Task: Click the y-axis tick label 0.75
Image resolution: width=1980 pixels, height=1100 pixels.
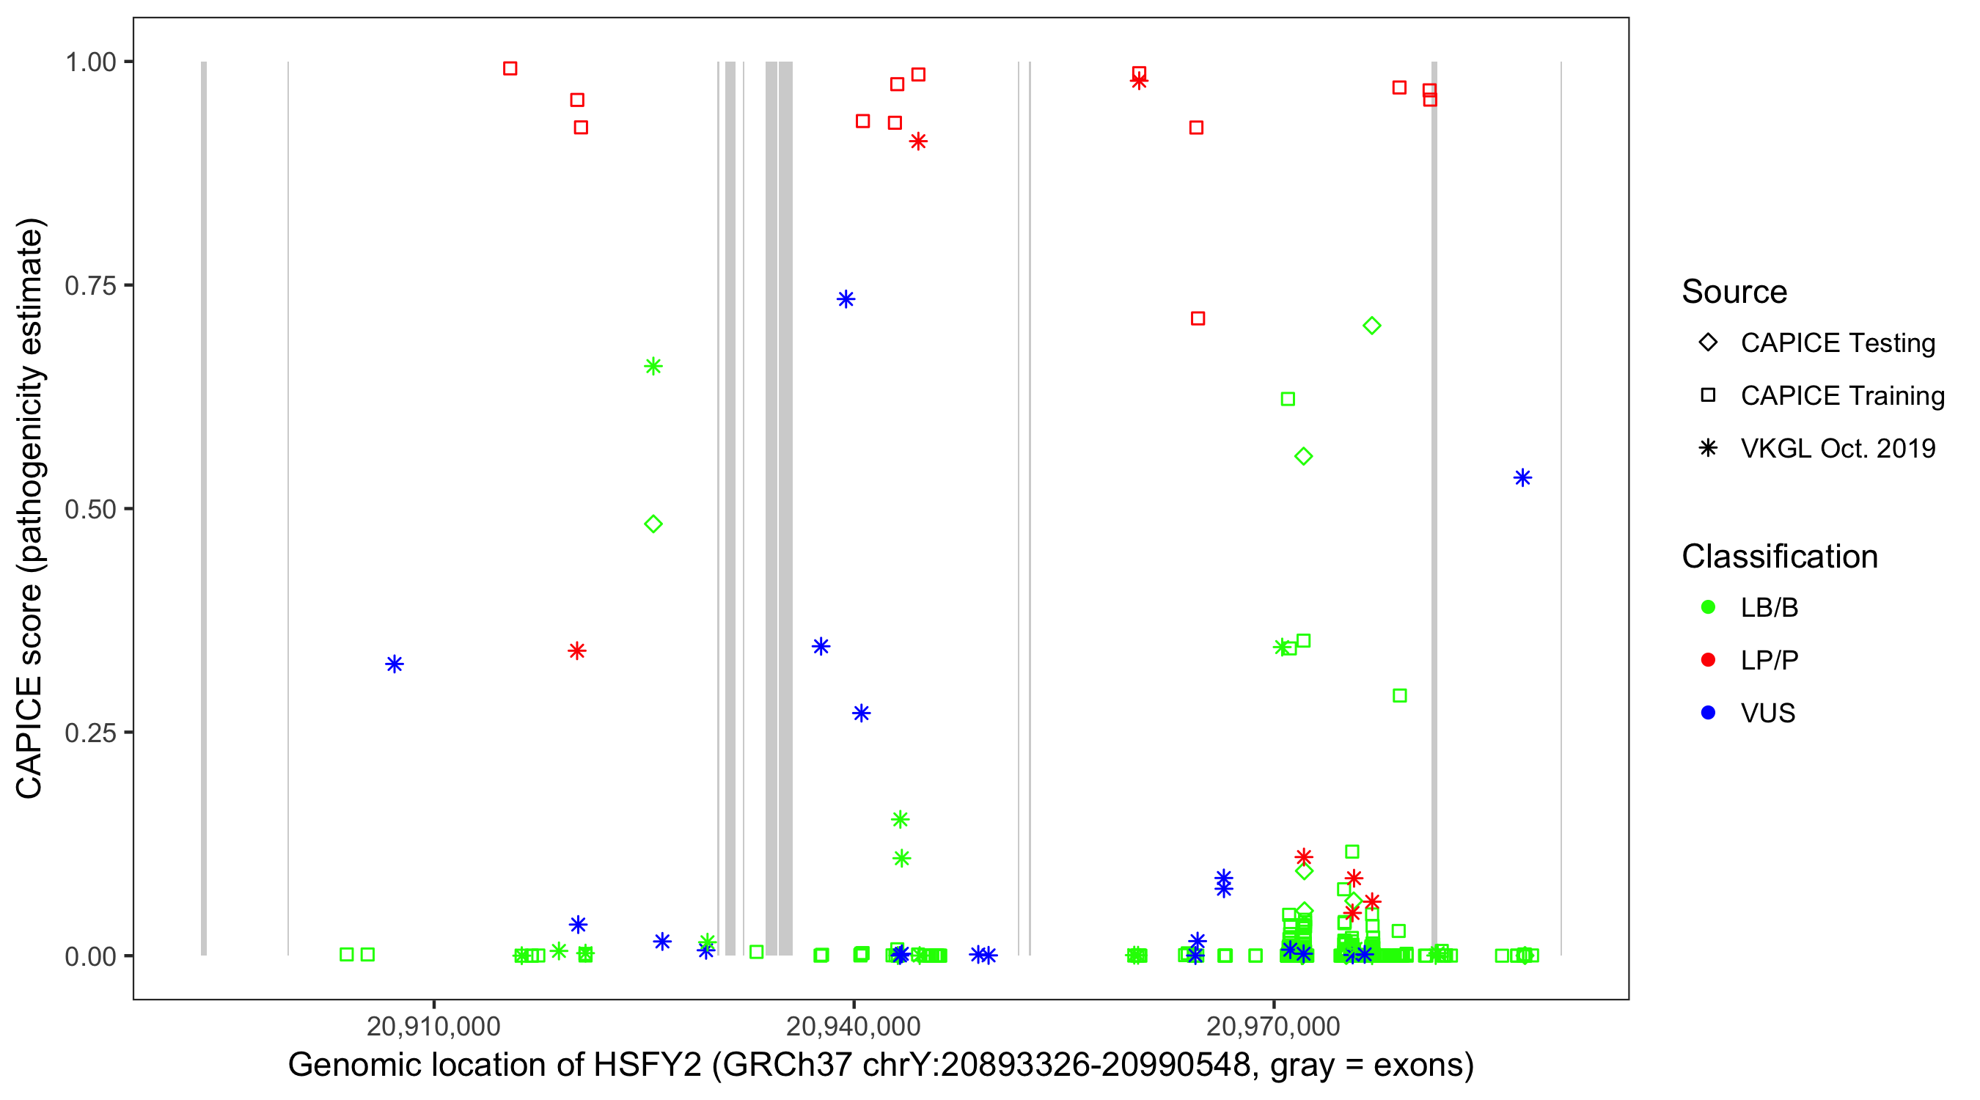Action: coord(89,286)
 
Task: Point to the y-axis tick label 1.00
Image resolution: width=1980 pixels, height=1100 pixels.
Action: coord(89,62)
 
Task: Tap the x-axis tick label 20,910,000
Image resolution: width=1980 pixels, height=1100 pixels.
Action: coord(433,1025)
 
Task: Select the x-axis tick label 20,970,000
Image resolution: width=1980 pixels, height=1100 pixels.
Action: coord(1274,1025)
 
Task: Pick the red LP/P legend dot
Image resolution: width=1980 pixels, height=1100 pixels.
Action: coord(1708,660)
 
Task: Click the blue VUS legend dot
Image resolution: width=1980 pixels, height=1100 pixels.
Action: coord(1708,713)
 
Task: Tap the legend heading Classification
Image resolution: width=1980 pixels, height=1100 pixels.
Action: coord(1779,557)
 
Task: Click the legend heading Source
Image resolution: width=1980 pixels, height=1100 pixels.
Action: coord(1734,292)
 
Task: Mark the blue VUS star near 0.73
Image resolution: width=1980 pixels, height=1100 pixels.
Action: coord(846,299)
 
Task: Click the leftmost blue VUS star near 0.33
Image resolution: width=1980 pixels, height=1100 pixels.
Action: coord(395,664)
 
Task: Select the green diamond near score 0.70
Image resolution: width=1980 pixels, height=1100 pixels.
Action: coord(1372,326)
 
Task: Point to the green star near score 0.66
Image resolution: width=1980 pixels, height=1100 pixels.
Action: coord(653,367)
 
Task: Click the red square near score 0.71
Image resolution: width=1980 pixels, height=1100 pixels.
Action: coord(1198,318)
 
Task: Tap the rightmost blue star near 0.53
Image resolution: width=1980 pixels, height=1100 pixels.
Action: coord(1522,478)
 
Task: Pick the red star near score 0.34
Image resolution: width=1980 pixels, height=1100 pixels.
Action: coord(577,651)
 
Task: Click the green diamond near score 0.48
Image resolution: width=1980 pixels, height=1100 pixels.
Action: coord(653,524)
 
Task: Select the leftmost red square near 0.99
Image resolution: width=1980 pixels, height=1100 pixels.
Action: coord(510,68)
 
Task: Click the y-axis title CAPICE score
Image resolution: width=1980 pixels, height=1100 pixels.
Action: coord(31,508)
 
